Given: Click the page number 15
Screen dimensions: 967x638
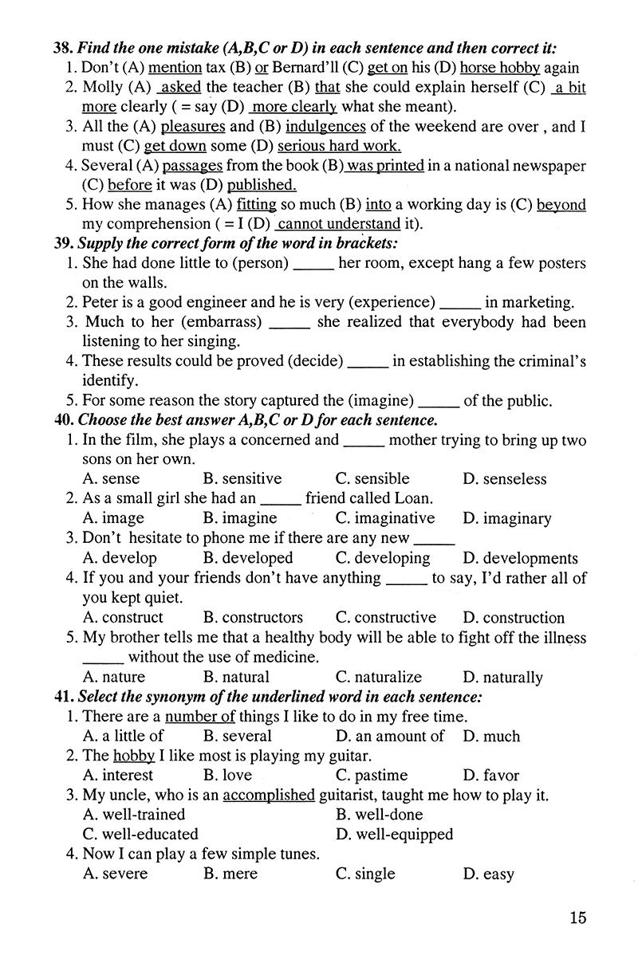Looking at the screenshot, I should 578,917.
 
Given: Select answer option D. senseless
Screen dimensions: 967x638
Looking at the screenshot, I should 504,479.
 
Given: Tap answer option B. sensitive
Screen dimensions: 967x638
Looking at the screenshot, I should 242,479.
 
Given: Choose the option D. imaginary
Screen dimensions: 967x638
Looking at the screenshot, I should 506,519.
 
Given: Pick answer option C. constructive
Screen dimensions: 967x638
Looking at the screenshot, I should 385,618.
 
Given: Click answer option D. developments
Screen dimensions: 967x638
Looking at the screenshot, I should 520,558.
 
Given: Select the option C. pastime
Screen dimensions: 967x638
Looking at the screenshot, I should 371,775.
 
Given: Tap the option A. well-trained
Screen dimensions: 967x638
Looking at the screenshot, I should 133,815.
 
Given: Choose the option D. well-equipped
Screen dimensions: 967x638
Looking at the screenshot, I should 394,835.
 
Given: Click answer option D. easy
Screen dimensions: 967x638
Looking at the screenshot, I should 488,875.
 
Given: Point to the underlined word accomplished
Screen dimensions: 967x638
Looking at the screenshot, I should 269,796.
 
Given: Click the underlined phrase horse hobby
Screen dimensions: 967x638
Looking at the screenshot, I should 500,69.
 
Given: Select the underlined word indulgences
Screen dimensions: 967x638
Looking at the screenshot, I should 325,127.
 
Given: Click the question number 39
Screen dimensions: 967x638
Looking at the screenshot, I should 64,243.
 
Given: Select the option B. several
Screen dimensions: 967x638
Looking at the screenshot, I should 237,737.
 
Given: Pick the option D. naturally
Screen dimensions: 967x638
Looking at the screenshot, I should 502,678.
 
